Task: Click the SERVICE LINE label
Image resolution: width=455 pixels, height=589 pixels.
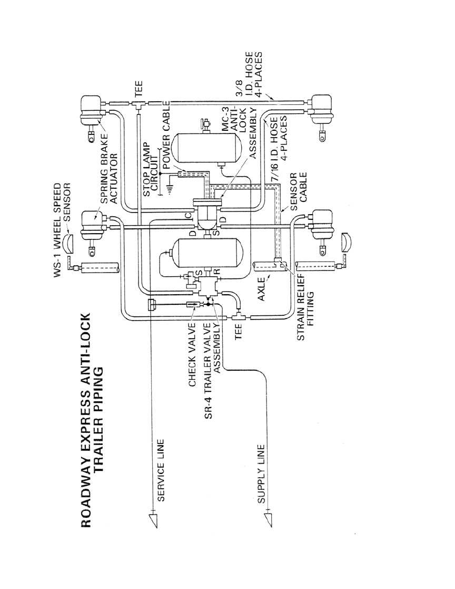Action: click(x=161, y=470)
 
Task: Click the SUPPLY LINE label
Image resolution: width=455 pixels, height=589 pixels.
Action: click(x=261, y=474)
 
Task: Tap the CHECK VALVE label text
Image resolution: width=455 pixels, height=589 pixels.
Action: click(x=193, y=354)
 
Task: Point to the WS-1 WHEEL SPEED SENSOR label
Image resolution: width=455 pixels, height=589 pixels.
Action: click(x=62, y=230)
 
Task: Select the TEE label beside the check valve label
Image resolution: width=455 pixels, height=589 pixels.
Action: click(x=238, y=332)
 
